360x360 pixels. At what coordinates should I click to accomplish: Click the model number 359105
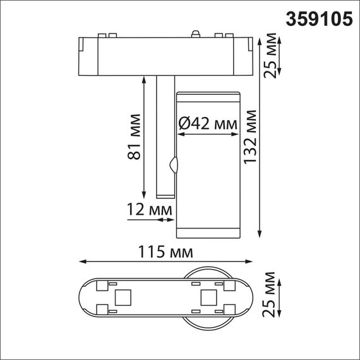pyautogui.click(x=320, y=19)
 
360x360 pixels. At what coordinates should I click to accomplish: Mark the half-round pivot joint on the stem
pyautogui.click(x=174, y=167)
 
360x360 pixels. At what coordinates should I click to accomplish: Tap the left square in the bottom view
pyautogui.click(x=123, y=297)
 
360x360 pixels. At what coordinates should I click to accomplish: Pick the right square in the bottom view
pyautogui.click(x=207, y=297)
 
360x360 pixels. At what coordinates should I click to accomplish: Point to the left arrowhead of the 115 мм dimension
pyautogui.click(x=80, y=262)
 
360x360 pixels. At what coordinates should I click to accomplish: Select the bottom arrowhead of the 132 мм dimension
pyautogui.click(x=261, y=234)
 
